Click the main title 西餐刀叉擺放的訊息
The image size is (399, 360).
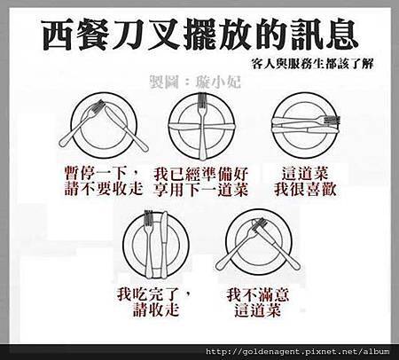click(x=200, y=35)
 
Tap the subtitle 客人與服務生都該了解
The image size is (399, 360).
click(x=312, y=64)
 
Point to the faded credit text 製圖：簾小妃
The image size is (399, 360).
click(x=195, y=82)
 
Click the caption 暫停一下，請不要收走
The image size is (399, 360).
click(x=104, y=181)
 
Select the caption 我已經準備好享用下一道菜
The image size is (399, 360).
click(x=200, y=182)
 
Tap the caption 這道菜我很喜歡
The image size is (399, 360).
click(x=305, y=182)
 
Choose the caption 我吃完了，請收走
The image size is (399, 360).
click(x=154, y=302)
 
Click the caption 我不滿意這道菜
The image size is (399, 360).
click(x=258, y=302)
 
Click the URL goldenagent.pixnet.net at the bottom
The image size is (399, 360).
click(x=298, y=352)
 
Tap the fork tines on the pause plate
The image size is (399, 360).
click(x=98, y=106)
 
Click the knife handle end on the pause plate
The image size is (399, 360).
click(x=143, y=147)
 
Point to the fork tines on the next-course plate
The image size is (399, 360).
click(x=202, y=100)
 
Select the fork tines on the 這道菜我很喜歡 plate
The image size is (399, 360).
click(x=332, y=120)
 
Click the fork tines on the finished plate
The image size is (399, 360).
click(x=148, y=218)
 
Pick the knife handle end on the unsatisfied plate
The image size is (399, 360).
click(x=295, y=265)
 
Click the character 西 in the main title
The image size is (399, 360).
click(x=58, y=35)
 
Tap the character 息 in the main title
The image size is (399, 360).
click(x=342, y=35)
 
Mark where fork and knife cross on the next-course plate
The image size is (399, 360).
click(x=202, y=127)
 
